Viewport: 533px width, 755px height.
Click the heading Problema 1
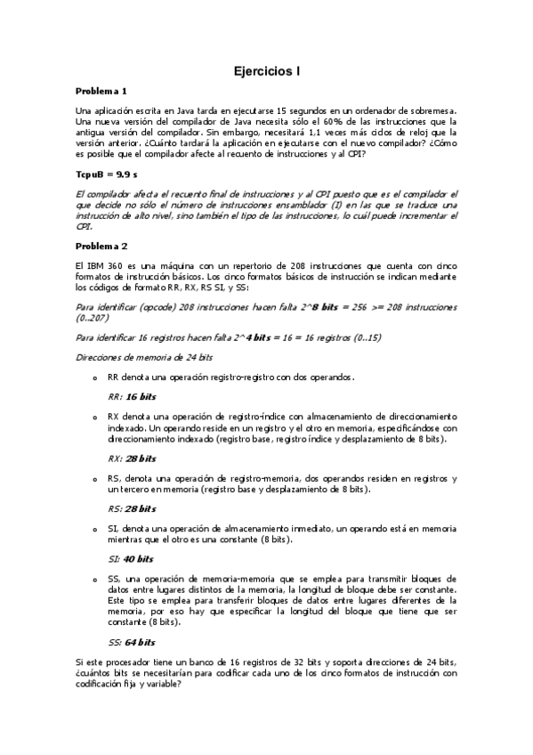click(101, 91)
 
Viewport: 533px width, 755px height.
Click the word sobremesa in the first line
click(431, 110)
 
